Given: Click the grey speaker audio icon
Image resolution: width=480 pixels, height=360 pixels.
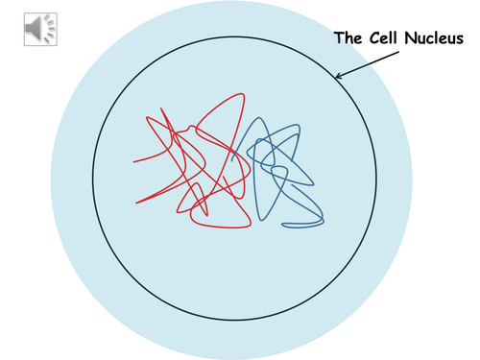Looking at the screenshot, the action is tap(39, 31).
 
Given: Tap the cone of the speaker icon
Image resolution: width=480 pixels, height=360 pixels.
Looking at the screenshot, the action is tap(36, 31).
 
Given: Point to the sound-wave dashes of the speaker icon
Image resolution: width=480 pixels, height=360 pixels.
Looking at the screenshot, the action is tap(48, 31).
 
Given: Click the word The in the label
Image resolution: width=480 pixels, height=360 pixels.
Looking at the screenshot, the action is tap(348, 39).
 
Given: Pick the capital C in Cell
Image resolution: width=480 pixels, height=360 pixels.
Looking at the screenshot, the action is tap(371, 39).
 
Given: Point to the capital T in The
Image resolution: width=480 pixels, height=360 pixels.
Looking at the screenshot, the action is tap(339, 39).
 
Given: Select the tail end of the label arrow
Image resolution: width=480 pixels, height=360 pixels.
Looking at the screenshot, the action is tap(394, 52).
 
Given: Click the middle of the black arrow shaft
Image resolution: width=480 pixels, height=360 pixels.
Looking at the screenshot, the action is tap(365, 63).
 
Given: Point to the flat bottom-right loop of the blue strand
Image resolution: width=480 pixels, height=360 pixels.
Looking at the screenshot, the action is tap(302, 225).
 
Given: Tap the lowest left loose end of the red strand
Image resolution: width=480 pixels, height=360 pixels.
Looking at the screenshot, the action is tap(136, 203).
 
